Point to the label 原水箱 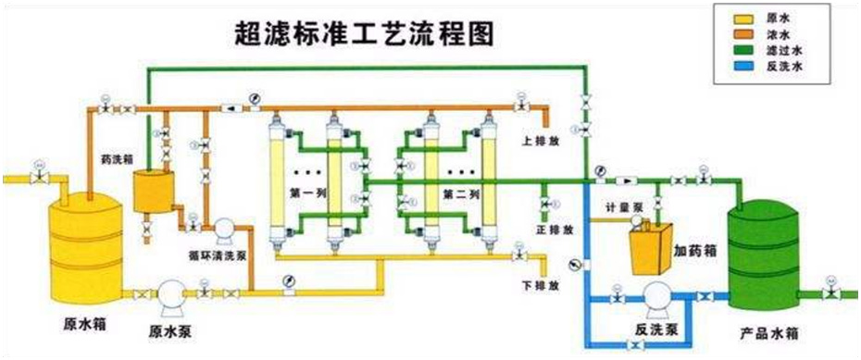[82, 325]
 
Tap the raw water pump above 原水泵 [171, 294]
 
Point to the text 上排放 [541, 142]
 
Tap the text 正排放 [555, 228]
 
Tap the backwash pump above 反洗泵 [654, 296]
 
